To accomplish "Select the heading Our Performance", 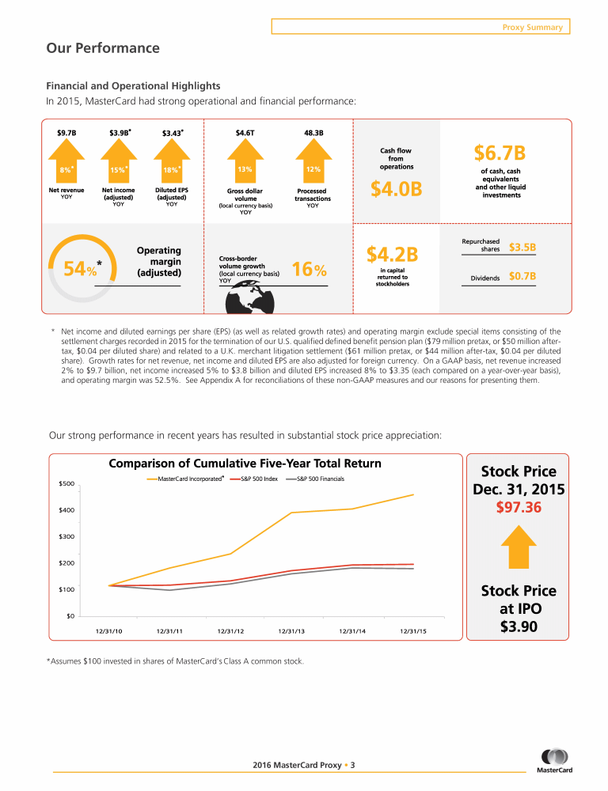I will pyautogui.click(x=103, y=48).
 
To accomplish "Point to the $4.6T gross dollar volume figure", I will pyautogui.click(x=245, y=132).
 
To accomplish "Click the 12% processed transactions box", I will pyautogui.click(x=313, y=169).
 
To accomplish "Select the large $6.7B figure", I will pyautogui.click(x=500, y=151).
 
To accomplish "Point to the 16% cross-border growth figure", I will pyautogui.click(x=309, y=270).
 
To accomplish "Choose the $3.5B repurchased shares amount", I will pyautogui.click(x=522, y=248).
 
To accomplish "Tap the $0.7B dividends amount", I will pyautogui.click(x=522, y=277).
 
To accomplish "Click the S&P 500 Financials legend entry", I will pyautogui.click(x=319, y=479).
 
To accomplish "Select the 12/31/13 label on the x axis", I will pyautogui.click(x=291, y=630).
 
